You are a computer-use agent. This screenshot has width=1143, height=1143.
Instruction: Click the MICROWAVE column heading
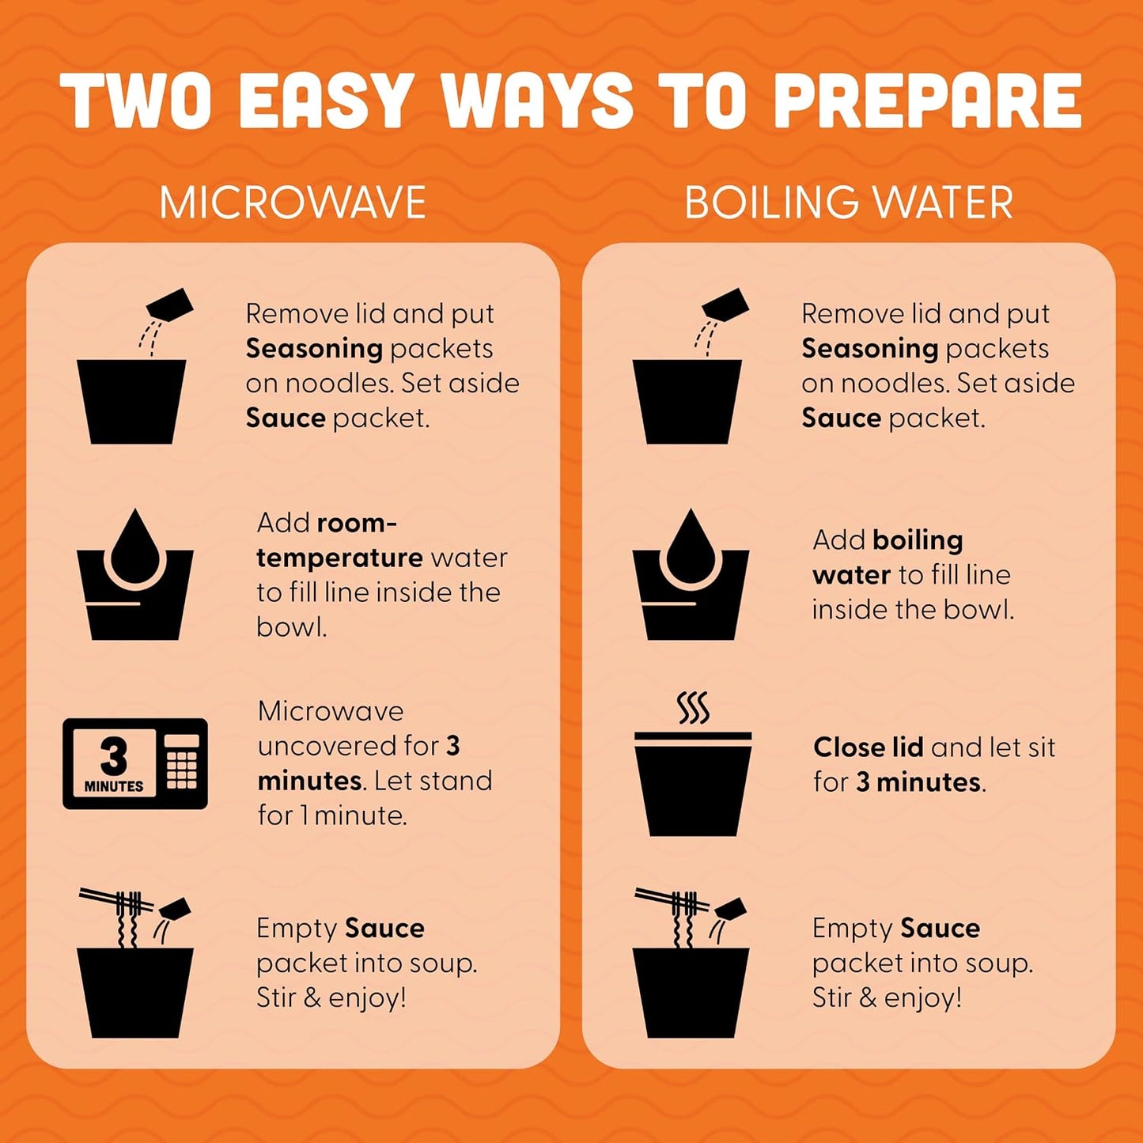point(293,202)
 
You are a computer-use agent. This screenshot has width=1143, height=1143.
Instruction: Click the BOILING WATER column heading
point(849,202)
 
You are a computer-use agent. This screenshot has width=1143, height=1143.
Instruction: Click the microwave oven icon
point(135,763)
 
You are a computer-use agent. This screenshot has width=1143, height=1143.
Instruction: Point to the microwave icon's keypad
point(181,763)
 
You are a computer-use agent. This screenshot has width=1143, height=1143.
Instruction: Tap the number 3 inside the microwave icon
point(113,756)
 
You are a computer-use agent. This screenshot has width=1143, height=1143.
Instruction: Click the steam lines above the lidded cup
point(693,707)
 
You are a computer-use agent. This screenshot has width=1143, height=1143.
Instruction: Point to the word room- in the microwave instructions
point(357,523)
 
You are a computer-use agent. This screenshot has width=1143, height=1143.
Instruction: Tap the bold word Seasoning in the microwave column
point(314,350)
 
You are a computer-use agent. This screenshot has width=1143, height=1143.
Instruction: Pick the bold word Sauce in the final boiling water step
point(941,929)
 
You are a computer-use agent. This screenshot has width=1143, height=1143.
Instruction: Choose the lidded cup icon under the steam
point(693,784)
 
